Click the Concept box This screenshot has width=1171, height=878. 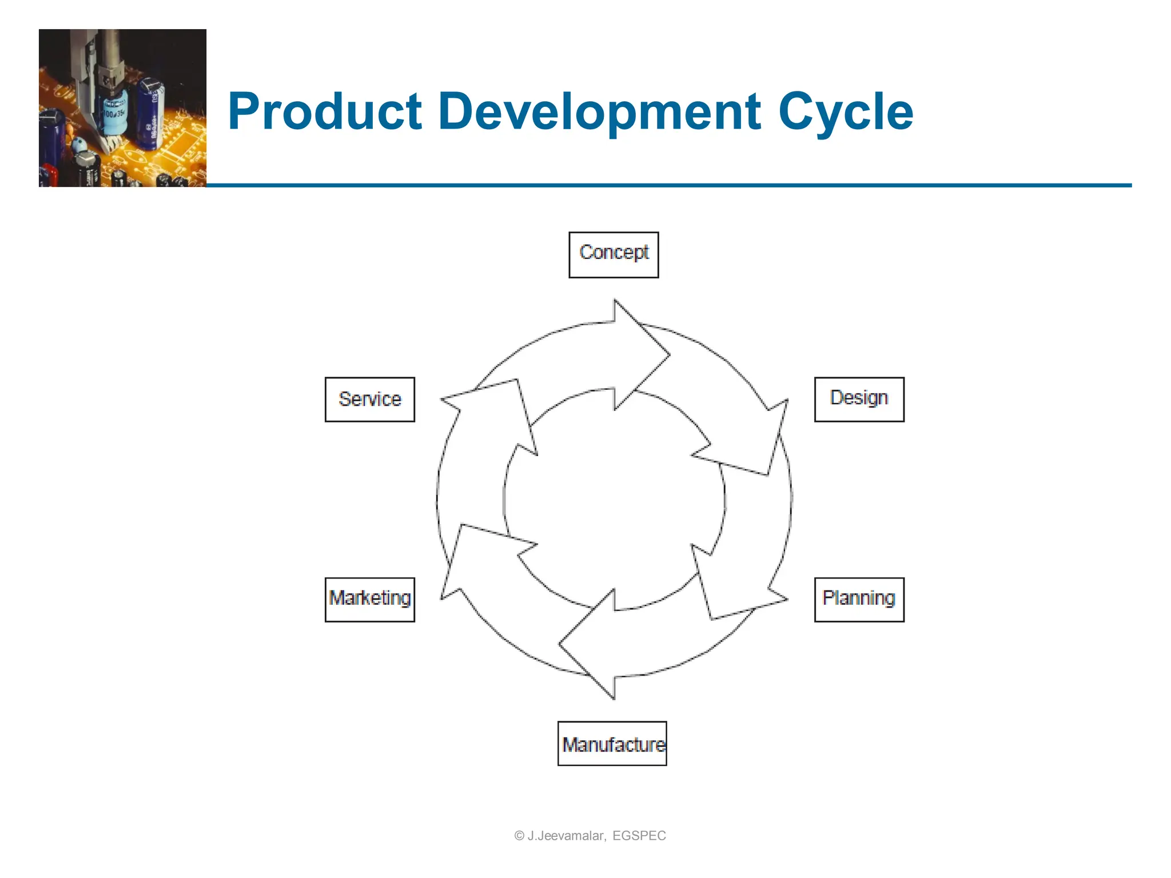tap(614, 254)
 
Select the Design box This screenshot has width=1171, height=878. tap(859, 399)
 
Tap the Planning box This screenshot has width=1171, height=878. tap(859, 599)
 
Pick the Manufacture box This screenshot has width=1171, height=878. tap(612, 743)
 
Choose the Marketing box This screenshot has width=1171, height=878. tap(369, 599)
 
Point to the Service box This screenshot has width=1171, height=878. tap(369, 399)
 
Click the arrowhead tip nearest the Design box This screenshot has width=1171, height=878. tap(787, 401)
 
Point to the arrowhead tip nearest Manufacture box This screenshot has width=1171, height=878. tap(614, 698)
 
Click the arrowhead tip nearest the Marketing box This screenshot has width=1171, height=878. tap(441, 598)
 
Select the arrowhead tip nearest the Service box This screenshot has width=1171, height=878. tap(442, 399)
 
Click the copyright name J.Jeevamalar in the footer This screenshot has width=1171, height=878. tap(565, 836)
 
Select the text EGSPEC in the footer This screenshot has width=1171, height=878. tap(639, 836)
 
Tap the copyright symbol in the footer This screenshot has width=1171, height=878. tap(519, 836)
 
